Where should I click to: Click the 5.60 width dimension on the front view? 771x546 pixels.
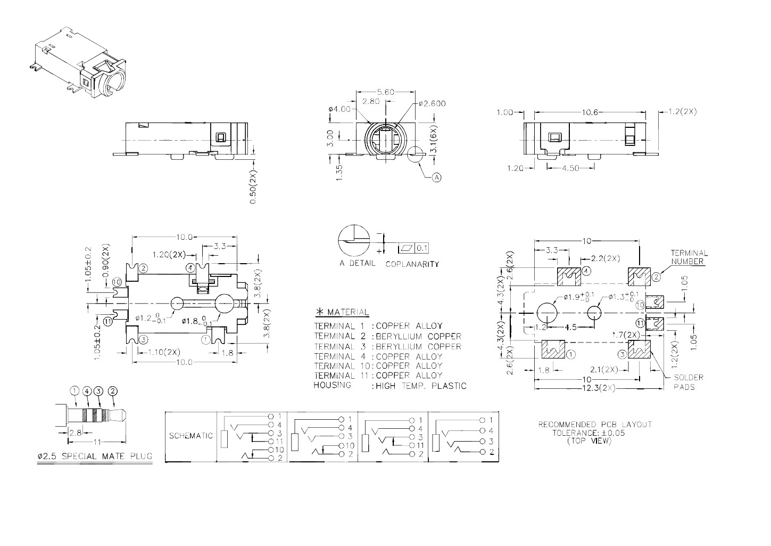(x=385, y=92)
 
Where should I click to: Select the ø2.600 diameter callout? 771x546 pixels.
(x=432, y=103)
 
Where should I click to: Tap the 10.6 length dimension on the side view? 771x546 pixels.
(x=590, y=112)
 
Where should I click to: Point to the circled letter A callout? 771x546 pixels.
(x=436, y=177)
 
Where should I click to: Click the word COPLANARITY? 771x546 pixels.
(x=412, y=264)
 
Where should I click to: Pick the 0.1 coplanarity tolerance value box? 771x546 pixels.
(x=421, y=248)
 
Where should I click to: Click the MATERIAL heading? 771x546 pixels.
(x=347, y=312)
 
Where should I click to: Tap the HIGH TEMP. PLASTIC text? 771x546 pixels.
(x=421, y=386)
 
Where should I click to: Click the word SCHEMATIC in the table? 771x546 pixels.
(x=190, y=436)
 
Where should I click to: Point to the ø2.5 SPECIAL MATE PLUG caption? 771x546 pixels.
(x=95, y=457)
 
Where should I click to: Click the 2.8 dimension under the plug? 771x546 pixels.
(x=75, y=433)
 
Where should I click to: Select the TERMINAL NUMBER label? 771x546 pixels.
(x=689, y=257)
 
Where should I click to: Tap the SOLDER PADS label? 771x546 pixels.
(x=688, y=382)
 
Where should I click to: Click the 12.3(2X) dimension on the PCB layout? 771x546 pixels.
(x=599, y=388)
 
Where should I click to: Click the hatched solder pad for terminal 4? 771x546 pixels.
(x=569, y=276)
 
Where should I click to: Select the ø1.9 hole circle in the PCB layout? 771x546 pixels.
(x=546, y=313)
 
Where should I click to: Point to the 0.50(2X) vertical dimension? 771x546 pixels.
(x=253, y=186)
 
